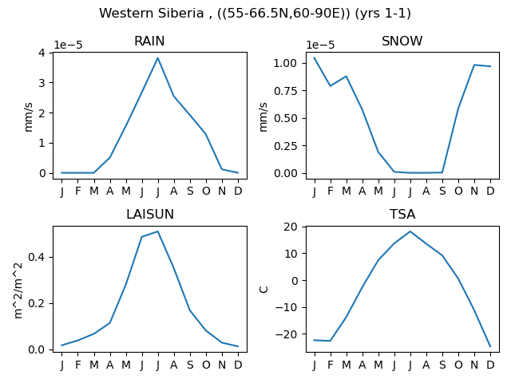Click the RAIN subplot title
click(149, 41)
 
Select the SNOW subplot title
click(402, 41)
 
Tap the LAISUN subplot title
click(150, 215)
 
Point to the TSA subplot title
click(402, 215)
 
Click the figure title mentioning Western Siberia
click(255, 14)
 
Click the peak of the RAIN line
click(158, 58)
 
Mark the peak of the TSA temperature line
click(410, 231)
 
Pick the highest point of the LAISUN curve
click(158, 231)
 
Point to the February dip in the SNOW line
click(330, 86)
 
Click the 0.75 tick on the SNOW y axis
click(286, 91)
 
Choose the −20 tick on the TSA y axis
click(287, 334)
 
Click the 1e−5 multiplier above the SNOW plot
click(320, 45)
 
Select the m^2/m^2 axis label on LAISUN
click(19, 290)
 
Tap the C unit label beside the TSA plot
click(263, 289)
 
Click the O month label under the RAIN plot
click(206, 191)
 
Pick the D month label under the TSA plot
click(490, 365)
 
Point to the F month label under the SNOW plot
click(331, 191)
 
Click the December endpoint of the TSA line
click(490, 346)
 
